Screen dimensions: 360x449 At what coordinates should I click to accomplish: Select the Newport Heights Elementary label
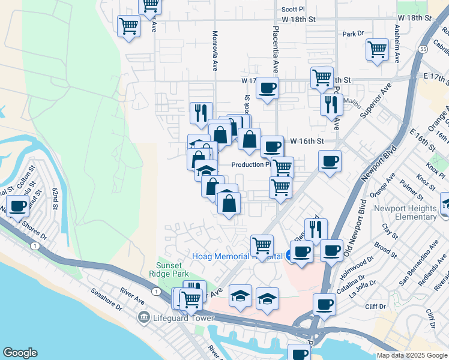coord(413,212)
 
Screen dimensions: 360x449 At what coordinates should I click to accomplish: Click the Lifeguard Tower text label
coord(184,317)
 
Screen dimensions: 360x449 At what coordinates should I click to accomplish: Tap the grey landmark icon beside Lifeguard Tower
coord(143,317)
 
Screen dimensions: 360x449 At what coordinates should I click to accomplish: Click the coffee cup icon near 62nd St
coord(17,206)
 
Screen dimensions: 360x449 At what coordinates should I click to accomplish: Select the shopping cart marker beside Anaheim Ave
coord(378,49)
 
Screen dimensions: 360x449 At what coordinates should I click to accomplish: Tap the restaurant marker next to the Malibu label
coord(331,105)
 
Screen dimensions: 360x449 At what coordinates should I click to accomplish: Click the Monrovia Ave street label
coord(214,52)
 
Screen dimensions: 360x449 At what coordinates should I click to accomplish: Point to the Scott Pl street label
coord(294,10)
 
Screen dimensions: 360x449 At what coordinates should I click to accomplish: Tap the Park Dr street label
coord(354,34)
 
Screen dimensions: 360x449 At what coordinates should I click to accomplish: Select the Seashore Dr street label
coord(107,300)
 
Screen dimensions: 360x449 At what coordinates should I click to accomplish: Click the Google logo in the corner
coord(20,353)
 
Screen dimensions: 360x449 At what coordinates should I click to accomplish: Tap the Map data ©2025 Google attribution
coord(412,355)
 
